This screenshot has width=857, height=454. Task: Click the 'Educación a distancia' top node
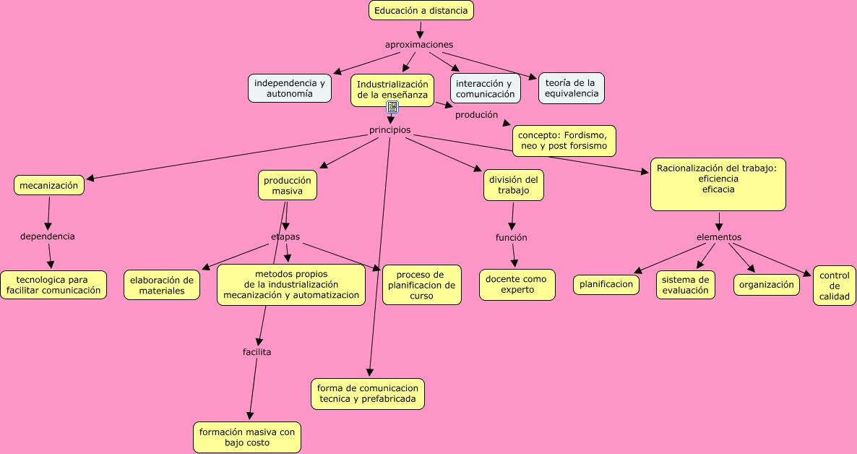click(x=421, y=10)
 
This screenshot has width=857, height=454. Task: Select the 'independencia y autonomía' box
click(x=290, y=88)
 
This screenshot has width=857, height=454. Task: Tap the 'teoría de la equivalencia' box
click(x=571, y=88)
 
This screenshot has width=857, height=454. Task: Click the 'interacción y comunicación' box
click(x=486, y=88)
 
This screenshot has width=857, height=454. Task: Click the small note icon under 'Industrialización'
click(x=392, y=107)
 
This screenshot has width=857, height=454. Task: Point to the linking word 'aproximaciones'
click(x=419, y=45)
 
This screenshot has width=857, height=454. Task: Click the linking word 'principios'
click(x=389, y=130)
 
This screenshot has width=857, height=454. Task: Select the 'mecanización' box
click(x=48, y=185)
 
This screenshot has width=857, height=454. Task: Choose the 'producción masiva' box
click(x=287, y=185)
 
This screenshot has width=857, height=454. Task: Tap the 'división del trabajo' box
click(x=513, y=185)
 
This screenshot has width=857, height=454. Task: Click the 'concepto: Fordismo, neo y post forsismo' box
click(x=564, y=140)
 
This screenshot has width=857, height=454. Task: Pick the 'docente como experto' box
click(x=517, y=284)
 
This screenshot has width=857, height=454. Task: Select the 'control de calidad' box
click(x=835, y=286)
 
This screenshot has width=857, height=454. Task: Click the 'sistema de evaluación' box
click(x=686, y=285)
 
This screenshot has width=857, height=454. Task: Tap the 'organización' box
click(x=767, y=285)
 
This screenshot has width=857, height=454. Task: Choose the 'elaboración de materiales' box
click(x=162, y=285)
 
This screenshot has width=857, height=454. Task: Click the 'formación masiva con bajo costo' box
click(x=247, y=437)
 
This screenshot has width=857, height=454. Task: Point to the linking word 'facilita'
click(x=257, y=352)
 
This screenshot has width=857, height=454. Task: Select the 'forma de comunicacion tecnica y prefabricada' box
click(x=368, y=394)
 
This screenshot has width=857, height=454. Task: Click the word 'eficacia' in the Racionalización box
click(x=718, y=189)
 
